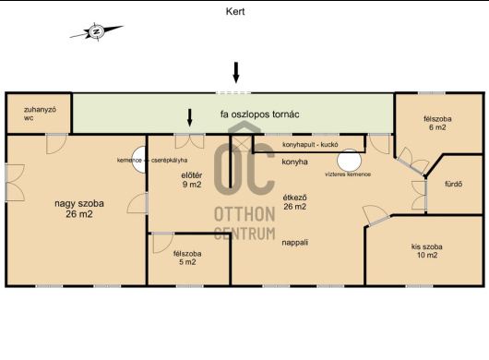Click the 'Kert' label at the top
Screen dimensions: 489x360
pos(235,12)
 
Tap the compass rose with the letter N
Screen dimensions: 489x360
pos(96,31)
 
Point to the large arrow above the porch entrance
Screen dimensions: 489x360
pos(236,73)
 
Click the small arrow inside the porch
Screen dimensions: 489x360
pos(189,117)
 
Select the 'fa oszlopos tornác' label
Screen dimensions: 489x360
pos(260,114)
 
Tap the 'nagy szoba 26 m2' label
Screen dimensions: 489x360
pos(79,209)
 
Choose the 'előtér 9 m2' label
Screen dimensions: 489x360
pos(192,180)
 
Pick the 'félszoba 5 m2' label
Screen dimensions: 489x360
pos(187,258)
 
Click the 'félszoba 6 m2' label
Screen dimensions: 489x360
pos(437,123)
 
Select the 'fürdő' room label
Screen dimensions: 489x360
pos(453,184)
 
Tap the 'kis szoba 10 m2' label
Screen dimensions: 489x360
pos(426,251)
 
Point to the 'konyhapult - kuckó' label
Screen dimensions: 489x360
pos(310,145)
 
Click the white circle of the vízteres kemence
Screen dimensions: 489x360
pos(349,160)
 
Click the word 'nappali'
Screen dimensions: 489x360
pos(294,243)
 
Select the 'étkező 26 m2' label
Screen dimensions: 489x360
pos(294,202)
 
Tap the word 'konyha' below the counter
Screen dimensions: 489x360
pos(294,162)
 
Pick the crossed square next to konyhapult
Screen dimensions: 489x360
pos(241,143)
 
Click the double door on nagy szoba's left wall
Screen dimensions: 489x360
pos(15,183)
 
